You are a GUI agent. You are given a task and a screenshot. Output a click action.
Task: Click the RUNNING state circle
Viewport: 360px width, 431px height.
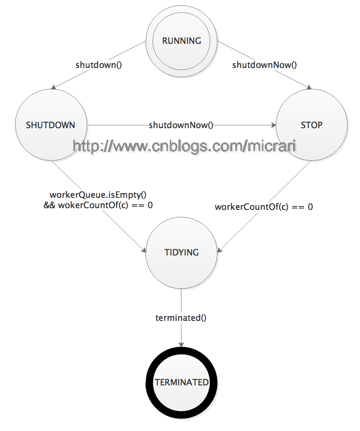click(x=181, y=41)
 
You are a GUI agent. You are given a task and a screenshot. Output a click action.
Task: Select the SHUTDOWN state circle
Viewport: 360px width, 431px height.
click(x=51, y=125)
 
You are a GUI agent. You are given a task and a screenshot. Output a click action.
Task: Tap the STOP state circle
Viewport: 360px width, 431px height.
click(x=311, y=125)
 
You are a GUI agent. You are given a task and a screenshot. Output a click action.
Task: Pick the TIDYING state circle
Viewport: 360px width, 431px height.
click(x=181, y=252)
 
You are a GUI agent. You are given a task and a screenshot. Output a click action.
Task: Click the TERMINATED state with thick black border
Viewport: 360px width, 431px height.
click(x=181, y=382)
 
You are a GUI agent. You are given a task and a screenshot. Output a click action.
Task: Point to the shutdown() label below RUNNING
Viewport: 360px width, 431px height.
click(x=99, y=65)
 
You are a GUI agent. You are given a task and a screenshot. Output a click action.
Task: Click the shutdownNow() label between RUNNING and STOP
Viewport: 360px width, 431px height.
click(x=265, y=65)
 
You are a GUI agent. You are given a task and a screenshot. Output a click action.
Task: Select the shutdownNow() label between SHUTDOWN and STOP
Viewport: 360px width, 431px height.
click(x=181, y=125)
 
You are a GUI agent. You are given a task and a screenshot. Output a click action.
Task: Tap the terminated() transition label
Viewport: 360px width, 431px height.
click(x=181, y=318)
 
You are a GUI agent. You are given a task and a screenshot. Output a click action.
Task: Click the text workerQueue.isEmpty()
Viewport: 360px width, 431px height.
click(x=98, y=195)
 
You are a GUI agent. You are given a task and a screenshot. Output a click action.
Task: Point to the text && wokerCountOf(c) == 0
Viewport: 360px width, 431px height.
click(x=98, y=205)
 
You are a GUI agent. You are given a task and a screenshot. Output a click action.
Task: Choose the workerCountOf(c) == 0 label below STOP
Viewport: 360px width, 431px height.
click(x=264, y=207)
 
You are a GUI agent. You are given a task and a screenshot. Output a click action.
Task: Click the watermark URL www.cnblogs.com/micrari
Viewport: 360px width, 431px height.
click(x=185, y=146)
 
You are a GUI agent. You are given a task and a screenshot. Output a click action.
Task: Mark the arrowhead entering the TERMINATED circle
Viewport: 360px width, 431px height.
click(x=181, y=344)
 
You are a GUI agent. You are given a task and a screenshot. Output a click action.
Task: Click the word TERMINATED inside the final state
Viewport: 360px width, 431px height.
click(x=181, y=382)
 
